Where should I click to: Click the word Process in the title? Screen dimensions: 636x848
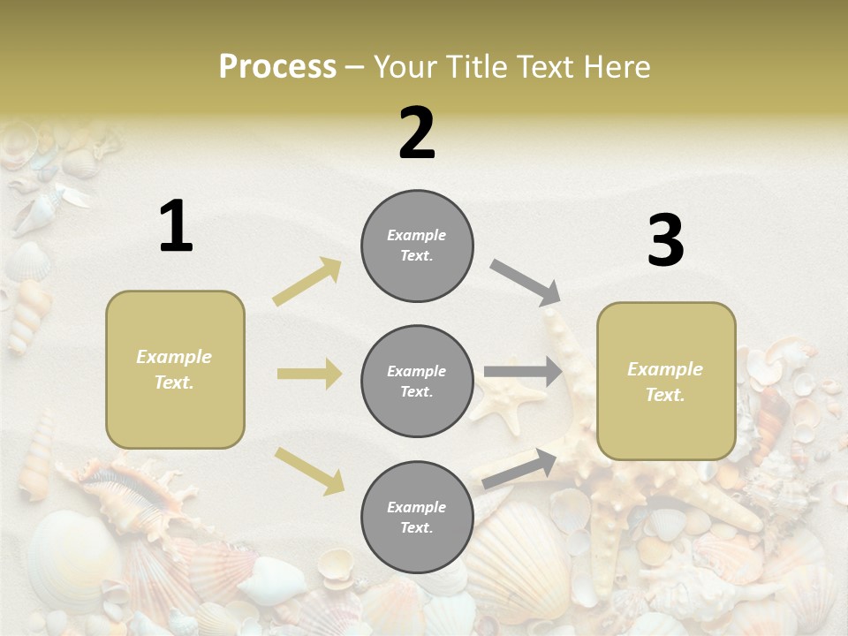pyautogui.click(x=277, y=66)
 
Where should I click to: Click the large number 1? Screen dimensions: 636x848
pyautogui.click(x=176, y=227)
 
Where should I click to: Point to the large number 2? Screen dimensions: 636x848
pyautogui.click(x=417, y=133)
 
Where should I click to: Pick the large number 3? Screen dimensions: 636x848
pyautogui.click(x=665, y=241)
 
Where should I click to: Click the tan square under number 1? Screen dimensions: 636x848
pyautogui.click(x=175, y=369)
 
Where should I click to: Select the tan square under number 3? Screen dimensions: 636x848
pyautogui.click(x=666, y=382)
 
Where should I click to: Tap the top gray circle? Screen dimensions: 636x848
pyautogui.click(x=417, y=246)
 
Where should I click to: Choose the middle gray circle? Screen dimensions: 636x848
pyautogui.click(x=417, y=382)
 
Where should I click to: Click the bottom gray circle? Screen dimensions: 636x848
pyautogui.click(x=417, y=518)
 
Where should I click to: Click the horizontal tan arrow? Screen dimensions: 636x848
pyautogui.click(x=309, y=374)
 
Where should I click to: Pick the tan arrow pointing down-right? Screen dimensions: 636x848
pyautogui.click(x=310, y=470)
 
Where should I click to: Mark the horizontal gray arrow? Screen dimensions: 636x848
pyautogui.click(x=523, y=372)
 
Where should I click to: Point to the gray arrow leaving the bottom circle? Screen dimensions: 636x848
pyautogui.click(x=519, y=468)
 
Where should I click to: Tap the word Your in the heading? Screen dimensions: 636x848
pyautogui.click(x=406, y=66)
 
